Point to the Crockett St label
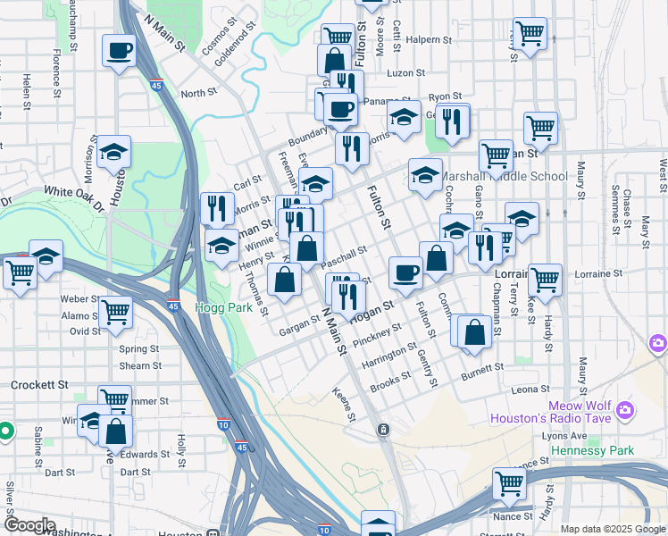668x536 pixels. pos(39,385)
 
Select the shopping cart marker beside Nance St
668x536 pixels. pos(508,484)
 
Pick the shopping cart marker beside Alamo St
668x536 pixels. pos(115,312)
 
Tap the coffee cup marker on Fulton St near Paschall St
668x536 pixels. pos(406,271)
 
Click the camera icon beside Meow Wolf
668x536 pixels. pos(658,343)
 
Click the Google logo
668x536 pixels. pos(29,525)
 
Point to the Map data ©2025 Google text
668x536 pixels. pos(612,529)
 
